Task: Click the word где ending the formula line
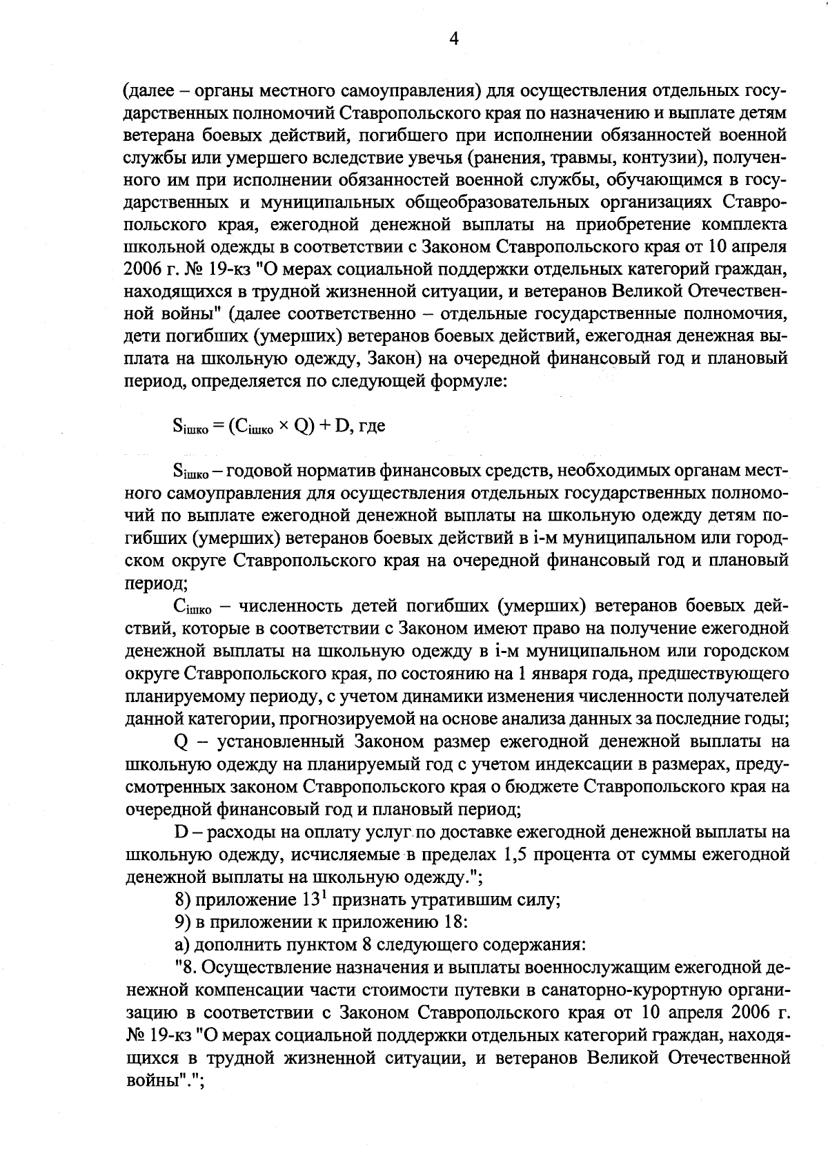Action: (371, 427)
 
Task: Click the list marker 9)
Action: (182, 922)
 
